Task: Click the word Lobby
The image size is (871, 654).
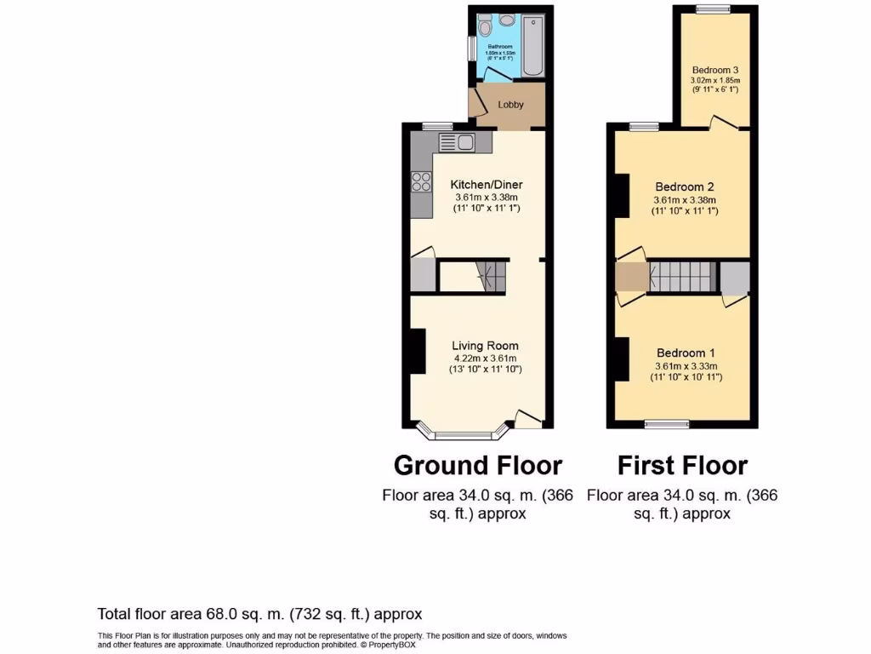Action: point(510,106)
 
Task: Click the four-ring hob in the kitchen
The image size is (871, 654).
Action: point(421,181)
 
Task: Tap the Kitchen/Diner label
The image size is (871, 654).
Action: point(486,185)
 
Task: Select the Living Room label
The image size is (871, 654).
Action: point(485,346)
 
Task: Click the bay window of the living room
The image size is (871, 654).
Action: point(465,435)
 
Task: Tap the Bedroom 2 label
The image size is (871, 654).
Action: point(685,187)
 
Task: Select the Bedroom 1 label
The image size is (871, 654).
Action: point(686,353)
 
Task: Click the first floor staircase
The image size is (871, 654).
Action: point(681,276)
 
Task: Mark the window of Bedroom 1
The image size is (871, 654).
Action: point(667,423)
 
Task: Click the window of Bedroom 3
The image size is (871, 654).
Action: point(713,9)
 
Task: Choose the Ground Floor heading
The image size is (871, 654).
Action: point(477,466)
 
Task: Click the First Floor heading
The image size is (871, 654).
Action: point(682,466)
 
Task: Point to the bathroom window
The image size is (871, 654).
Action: point(470,48)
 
